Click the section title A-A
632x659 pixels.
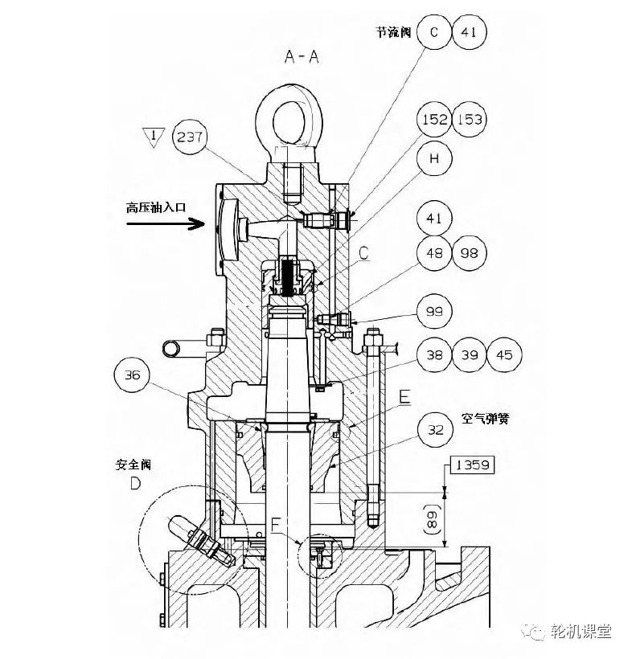point(302,56)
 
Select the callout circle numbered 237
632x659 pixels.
point(190,137)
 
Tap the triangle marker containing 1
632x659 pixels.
point(154,137)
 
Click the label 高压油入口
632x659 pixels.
point(156,207)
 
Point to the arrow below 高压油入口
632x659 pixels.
point(166,223)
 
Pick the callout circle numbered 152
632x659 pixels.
point(434,120)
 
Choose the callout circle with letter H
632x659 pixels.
point(434,158)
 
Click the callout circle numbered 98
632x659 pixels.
point(470,253)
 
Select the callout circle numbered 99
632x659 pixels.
point(434,312)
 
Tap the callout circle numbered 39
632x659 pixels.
point(470,354)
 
